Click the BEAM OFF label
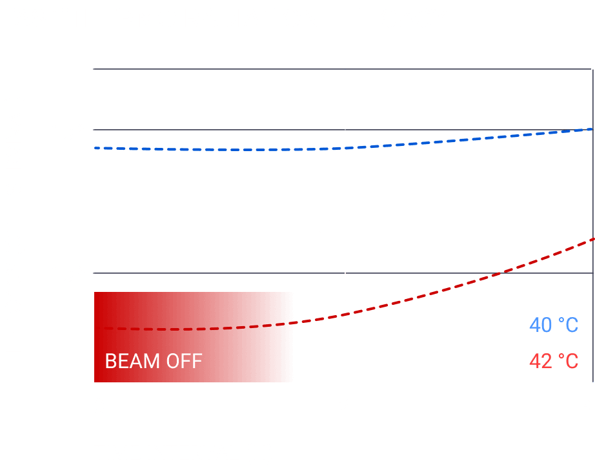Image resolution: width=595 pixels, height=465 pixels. pyautogui.click(x=154, y=360)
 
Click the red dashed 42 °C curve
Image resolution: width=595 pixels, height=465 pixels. pyautogui.click(x=452, y=284)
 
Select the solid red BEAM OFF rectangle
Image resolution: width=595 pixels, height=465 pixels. pyautogui.click(x=194, y=323)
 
